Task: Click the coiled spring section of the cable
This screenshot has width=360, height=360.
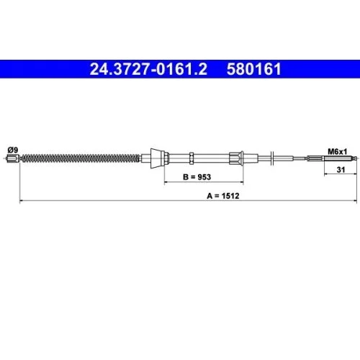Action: (79, 158)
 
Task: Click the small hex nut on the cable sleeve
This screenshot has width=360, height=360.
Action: (191, 158)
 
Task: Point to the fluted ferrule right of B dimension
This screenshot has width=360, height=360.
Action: (240, 158)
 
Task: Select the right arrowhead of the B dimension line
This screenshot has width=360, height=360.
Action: (243, 181)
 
